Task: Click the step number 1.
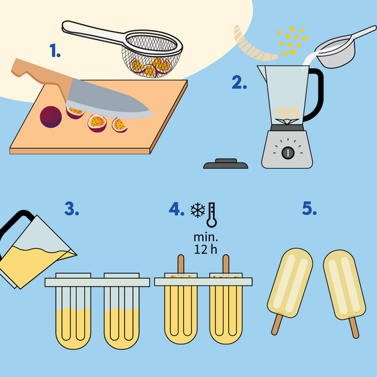(x=55, y=50)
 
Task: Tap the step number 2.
(x=239, y=82)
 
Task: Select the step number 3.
(x=72, y=209)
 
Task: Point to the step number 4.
(x=177, y=209)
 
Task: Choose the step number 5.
(x=309, y=208)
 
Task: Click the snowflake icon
(x=198, y=210)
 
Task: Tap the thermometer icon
(x=212, y=215)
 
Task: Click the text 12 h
(x=205, y=249)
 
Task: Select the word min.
(x=205, y=238)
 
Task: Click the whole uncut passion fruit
(x=51, y=117)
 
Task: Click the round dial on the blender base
(x=288, y=153)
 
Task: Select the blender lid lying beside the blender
(x=226, y=164)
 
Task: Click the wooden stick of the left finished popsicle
(x=276, y=325)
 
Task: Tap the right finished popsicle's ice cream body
(x=344, y=285)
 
